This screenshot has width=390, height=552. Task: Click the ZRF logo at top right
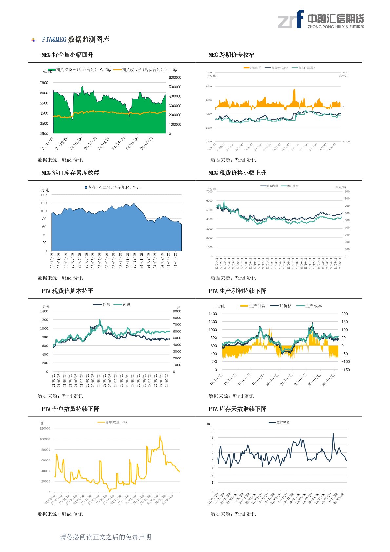(321, 19)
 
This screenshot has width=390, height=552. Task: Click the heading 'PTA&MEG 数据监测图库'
(75, 40)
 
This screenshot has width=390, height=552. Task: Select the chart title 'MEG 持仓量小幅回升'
(67, 55)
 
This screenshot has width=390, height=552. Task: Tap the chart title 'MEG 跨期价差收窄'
(231, 55)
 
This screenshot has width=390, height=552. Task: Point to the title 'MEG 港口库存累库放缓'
(70, 173)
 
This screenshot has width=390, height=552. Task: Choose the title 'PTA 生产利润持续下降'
(237, 291)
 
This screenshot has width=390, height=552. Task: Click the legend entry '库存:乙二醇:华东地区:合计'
(112, 187)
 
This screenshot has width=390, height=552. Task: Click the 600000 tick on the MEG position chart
(175, 78)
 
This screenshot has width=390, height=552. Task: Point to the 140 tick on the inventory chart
(44, 195)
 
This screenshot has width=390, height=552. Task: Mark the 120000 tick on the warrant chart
(45, 428)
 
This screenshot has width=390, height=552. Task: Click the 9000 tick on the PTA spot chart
(177, 311)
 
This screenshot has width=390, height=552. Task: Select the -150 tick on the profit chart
(345, 370)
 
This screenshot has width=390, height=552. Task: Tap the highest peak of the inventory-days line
(333, 434)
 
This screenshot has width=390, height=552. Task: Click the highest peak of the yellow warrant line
(160, 436)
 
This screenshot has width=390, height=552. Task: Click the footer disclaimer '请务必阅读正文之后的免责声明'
(106, 537)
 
